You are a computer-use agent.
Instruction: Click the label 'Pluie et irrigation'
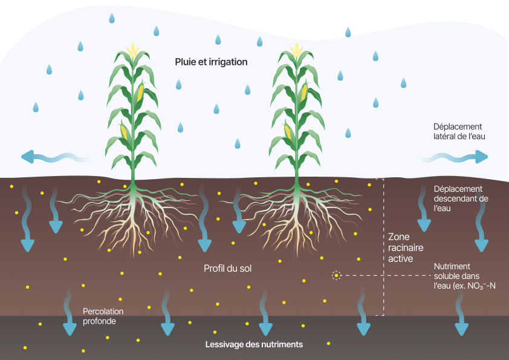click(x=211, y=62)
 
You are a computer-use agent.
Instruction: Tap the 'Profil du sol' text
click(x=227, y=267)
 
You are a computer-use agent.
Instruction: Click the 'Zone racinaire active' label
click(x=405, y=247)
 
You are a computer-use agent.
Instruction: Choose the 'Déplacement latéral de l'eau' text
click(x=459, y=131)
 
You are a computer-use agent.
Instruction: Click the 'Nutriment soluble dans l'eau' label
click(x=465, y=276)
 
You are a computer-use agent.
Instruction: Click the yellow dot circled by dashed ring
click(x=336, y=276)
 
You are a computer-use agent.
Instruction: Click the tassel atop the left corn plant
click(x=132, y=50)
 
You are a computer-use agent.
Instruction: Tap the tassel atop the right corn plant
click(x=296, y=50)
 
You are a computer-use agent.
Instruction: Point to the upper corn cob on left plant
click(x=141, y=93)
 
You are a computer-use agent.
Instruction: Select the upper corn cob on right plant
click(x=305, y=93)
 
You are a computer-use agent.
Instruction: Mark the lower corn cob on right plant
click(x=288, y=131)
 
